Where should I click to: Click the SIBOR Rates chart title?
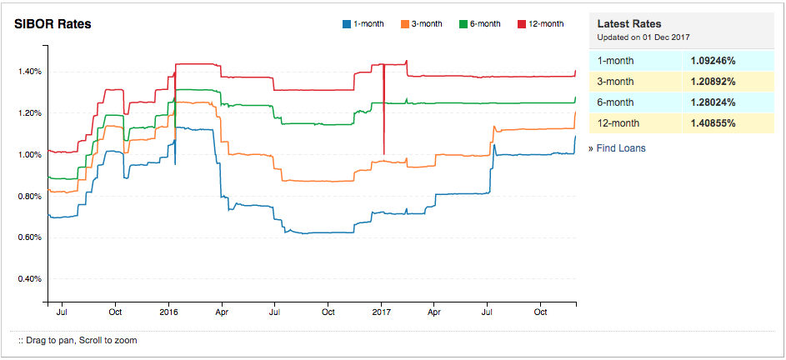[53, 24]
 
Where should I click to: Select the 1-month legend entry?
[363, 24]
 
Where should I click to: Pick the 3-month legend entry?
[422, 24]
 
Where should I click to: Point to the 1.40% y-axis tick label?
[29, 72]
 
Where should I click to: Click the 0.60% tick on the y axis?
[29, 237]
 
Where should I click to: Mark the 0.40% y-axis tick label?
[29, 279]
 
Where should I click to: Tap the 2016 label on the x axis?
[168, 312]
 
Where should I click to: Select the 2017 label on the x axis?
[381, 312]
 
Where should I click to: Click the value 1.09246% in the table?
[713, 61]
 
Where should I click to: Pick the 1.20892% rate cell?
[713, 82]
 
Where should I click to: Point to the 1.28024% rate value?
[713, 102]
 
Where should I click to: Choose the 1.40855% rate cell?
[713, 123]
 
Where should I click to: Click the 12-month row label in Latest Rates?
[618, 123]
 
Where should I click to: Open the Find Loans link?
[620, 148]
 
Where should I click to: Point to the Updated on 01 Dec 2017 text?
[643, 38]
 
